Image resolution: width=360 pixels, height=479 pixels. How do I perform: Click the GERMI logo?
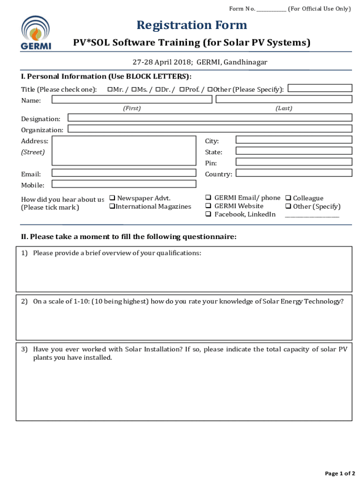point(36,33)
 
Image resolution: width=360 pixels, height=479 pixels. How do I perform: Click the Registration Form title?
point(192,25)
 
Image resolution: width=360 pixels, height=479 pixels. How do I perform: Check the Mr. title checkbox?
point(110,89)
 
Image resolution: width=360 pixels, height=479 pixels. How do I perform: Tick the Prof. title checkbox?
point(182,89)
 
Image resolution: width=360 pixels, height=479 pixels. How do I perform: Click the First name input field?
point(132,99)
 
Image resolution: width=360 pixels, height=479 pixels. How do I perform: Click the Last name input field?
point(283,99)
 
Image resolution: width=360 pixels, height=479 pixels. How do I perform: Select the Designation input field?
point(210,117)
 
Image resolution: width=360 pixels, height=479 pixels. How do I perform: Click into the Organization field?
point(210,129)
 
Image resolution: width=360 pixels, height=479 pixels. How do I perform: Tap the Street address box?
point(124,151)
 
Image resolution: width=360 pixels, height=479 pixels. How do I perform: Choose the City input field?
point(294,140)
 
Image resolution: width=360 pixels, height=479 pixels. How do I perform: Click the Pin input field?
point(294,162)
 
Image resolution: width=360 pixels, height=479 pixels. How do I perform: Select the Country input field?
point(294,173)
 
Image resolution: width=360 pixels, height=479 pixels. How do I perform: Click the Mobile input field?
point(124,184)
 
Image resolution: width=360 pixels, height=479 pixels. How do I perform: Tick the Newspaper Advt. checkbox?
point(112,198)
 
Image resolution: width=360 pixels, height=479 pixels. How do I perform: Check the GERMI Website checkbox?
point(209,206)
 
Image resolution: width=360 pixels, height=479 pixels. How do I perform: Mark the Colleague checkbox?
point(288,198)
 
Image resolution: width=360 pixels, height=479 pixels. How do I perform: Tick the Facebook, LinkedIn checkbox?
point(209,215)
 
